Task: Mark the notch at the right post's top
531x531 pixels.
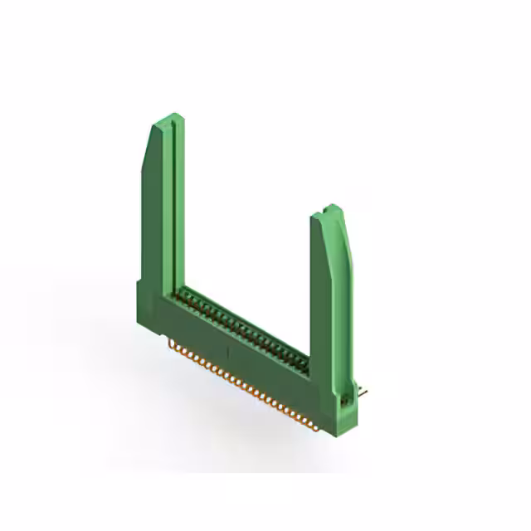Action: click(x=331, y=207)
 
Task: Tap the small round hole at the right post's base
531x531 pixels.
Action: click(x=345, y=401)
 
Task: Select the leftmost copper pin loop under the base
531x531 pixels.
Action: click(x=173, y=341)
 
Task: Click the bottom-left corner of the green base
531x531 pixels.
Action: click(x=140, y=314)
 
